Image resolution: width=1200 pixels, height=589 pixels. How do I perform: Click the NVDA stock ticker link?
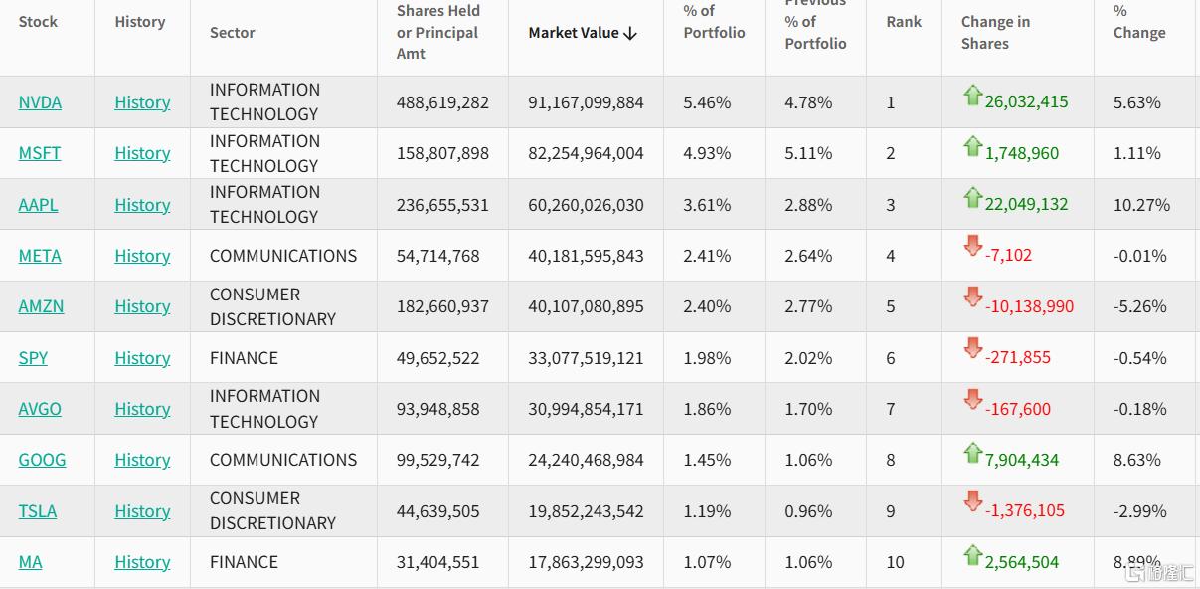(40, 102)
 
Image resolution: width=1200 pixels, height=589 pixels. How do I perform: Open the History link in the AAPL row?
(142, 205)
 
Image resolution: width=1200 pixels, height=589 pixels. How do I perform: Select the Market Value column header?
(582, 33)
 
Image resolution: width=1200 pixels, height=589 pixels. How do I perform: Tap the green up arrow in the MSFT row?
(972, 147)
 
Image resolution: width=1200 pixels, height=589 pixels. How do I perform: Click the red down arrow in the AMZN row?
(972, 296)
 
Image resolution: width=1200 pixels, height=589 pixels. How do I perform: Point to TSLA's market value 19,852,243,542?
(586, 511)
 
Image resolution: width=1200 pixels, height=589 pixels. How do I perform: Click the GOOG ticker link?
(42, 460)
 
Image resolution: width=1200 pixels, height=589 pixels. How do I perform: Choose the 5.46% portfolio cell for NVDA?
(707, 102)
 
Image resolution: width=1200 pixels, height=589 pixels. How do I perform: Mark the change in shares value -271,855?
(1017, 358)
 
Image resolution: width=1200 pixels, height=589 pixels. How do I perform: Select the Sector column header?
(233, 33)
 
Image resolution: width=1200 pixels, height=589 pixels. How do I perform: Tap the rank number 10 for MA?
(895, 562)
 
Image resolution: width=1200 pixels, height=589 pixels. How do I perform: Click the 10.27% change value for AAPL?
(1141, 205)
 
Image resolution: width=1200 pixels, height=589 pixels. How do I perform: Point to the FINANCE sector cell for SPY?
(244, 358)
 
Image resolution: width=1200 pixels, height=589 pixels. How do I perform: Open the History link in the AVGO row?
(142, 409)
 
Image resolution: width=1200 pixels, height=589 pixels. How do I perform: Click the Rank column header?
(904, 22)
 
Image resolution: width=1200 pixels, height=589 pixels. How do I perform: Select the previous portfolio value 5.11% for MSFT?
(808, 153)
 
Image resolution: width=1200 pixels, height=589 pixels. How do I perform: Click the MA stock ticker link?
(31, 562)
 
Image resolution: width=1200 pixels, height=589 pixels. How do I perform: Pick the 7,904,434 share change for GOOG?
(1021, 460)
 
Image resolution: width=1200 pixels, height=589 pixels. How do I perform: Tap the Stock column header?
(38, 22)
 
